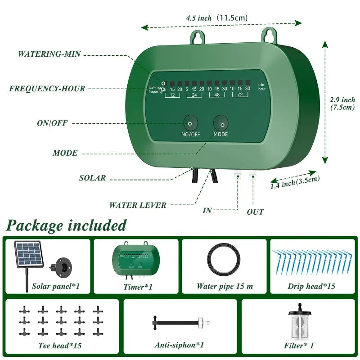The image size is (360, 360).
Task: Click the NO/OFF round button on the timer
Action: pyautogui.click(x=190, y=123)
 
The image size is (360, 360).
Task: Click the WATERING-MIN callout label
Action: pyautogui.click(x=49, y=54)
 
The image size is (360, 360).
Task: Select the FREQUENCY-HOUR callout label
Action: pyautogui.click(x=47, y=89)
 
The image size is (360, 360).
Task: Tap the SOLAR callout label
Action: pyautogui.click(x=93, y=178)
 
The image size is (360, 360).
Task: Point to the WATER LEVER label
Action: pyautogui.click(x=138, y=205)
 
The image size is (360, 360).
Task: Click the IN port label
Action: pyautogui.click(x=207, y=211)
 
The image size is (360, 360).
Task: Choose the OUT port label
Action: pyautogui.click(x=255, y=211)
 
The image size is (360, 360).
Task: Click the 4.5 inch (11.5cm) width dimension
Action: pyautogui.click(x=216, y=18)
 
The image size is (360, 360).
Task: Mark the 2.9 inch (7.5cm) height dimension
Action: pyautogui.click(x=342, y=103)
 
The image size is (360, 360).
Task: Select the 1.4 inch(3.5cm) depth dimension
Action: pyautogui.click(x=295, y=182)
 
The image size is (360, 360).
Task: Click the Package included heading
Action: pyautogui.click(x=66, y=225)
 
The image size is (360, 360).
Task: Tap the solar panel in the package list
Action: pyautogui.click(x=30, y=256)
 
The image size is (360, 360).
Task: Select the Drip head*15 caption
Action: pyautogui.click(x=311, y=286)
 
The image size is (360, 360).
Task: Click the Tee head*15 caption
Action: pyautogui.click(x=60, y=346)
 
